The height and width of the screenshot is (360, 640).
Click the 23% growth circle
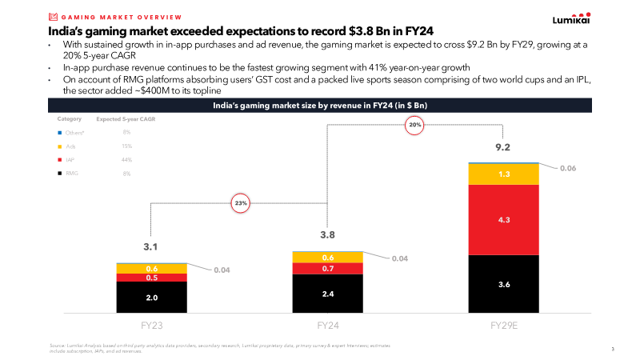click(241, 203)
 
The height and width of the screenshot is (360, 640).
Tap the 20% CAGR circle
click(414, 125)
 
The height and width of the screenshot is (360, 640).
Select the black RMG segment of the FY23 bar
click(152, 297)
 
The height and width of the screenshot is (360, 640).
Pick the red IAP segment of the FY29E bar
click(503, 219)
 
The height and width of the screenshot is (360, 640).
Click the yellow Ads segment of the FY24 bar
click(327, 258)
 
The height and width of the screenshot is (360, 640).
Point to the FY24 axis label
click(327, 326)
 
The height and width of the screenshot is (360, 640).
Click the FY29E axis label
click(503, 326)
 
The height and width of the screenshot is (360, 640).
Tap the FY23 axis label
click(152, 326)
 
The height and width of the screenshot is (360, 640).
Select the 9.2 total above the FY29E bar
click(503, 147)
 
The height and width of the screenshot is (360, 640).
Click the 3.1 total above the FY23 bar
click(152, 247)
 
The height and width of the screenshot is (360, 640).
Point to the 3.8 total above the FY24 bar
click(327, 235)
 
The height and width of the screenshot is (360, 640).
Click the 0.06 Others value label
click(568, 168)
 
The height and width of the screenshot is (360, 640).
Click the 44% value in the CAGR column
click(126, 160)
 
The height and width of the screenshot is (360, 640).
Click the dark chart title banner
click(319, 105)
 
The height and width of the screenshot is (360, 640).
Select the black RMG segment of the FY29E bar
click(503, 284)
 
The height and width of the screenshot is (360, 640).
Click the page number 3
click(612, 349)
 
